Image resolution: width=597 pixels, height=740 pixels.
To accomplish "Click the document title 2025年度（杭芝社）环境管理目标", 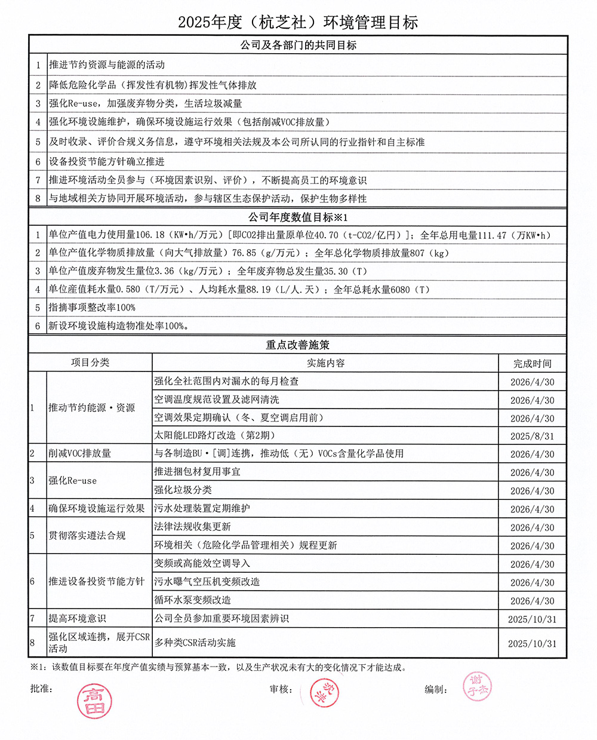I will click(298, 22).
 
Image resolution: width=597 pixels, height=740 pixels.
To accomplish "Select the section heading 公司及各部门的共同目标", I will click(298, 45).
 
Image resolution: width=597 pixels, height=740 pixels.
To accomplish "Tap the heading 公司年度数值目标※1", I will click(298, 217).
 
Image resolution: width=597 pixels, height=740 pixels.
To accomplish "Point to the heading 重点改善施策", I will click(298, 345).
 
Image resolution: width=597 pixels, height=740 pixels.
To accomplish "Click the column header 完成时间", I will click(532, 363).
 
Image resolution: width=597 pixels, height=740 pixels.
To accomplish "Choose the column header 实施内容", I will click(325, 363).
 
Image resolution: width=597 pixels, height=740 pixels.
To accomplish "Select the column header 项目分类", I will click(90, 363).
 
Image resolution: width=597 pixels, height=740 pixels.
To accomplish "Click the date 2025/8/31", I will click(532, 436).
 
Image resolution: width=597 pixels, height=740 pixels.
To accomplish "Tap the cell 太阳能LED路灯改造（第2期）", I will click(215, 435).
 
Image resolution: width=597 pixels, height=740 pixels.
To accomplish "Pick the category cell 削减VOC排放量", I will click(80, 453).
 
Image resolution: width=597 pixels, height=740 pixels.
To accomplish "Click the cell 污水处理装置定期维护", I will click(202, 508).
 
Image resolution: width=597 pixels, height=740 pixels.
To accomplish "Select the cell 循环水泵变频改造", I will click(192, 600).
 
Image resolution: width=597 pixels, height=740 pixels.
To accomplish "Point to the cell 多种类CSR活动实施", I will click(195, 643).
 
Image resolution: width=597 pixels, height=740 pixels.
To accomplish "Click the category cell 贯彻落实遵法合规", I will click(87, 536).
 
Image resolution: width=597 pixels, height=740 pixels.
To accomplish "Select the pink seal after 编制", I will click(477, 687).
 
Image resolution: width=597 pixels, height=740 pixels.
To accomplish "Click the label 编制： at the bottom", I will click(436, 689).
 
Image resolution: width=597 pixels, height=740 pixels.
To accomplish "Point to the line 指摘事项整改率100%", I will click(92, 308).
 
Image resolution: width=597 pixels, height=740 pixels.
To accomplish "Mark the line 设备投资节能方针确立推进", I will click(107, 162).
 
